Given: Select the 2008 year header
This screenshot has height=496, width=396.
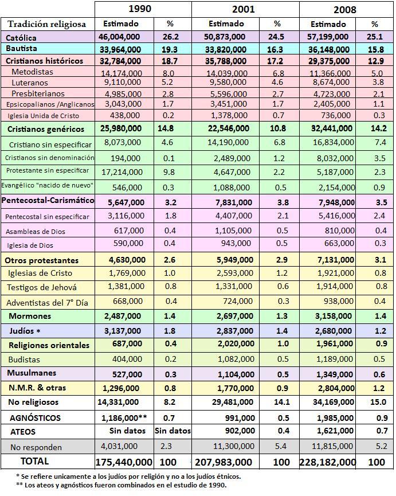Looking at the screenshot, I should point(343,9).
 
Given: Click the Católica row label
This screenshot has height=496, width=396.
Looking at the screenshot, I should point(21,37).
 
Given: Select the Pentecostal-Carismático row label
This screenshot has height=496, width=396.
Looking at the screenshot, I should point(48,201).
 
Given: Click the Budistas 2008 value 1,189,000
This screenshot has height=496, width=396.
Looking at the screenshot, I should point(333,360).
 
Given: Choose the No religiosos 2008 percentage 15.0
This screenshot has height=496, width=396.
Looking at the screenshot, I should point(374,403).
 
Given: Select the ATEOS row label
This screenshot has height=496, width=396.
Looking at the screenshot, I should point(23,431).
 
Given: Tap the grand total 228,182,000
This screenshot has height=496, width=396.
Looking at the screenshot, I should point(327,462).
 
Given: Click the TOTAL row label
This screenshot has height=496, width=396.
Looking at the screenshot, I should point(34,461).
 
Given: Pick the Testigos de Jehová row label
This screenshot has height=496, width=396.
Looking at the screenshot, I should point(41,287).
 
